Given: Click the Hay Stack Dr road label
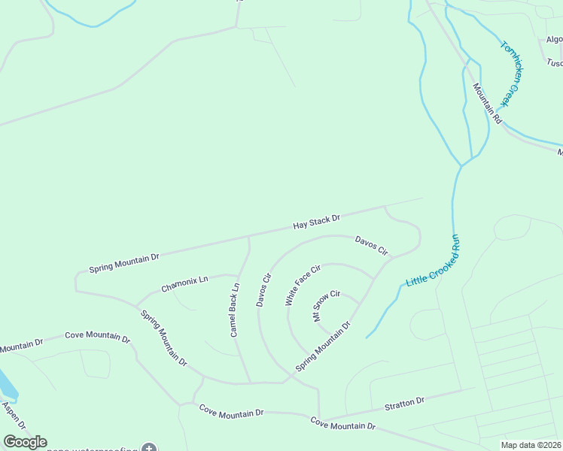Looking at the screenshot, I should (x=316, y=222).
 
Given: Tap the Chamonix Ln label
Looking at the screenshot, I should (x=184, y=284).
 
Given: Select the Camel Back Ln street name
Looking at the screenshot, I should (x=234, y=309).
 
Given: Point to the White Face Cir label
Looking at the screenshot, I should (x=303, y=284).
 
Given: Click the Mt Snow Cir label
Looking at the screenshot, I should (x=327, y=305).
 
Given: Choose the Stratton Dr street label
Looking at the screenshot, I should (x=404, y=404).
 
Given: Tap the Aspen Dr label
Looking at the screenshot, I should (x=13, y=416).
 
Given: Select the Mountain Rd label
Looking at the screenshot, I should (x=487, y=103).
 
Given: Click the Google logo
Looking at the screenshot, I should (x=25, y=442).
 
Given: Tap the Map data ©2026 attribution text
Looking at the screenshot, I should (x=531, y=445).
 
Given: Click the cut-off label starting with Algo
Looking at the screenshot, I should (x=555, y=39).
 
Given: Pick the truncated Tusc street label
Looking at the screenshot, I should (x=555, y=62).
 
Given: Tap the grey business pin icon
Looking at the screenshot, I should (x=149, y=449).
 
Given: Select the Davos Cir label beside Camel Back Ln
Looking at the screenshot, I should (x=263, y=289).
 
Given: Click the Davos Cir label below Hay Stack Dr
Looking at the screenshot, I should (x=371, y=244).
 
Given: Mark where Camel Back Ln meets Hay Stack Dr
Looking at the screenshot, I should (x=248, y=236).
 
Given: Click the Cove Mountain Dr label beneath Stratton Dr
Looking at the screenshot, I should (x=343, y=424).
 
